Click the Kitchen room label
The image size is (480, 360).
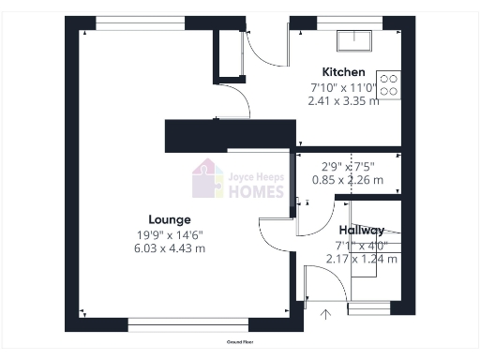[x=343, y=72]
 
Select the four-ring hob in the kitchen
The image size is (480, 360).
[x=389, y=85]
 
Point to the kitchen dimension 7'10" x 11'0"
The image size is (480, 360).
[x=343, y=88]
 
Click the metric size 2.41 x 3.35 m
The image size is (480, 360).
[x=343, y=101]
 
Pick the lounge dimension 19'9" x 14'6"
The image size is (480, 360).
[x=170, y=234]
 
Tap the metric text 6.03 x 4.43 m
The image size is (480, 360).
[x=170, y=248]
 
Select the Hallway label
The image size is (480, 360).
[x=361, y=230]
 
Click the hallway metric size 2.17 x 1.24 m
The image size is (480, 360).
[x=361, y=258]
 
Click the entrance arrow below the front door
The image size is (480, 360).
[x=325, y=313]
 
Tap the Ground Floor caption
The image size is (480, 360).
[x=241, y=342]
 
